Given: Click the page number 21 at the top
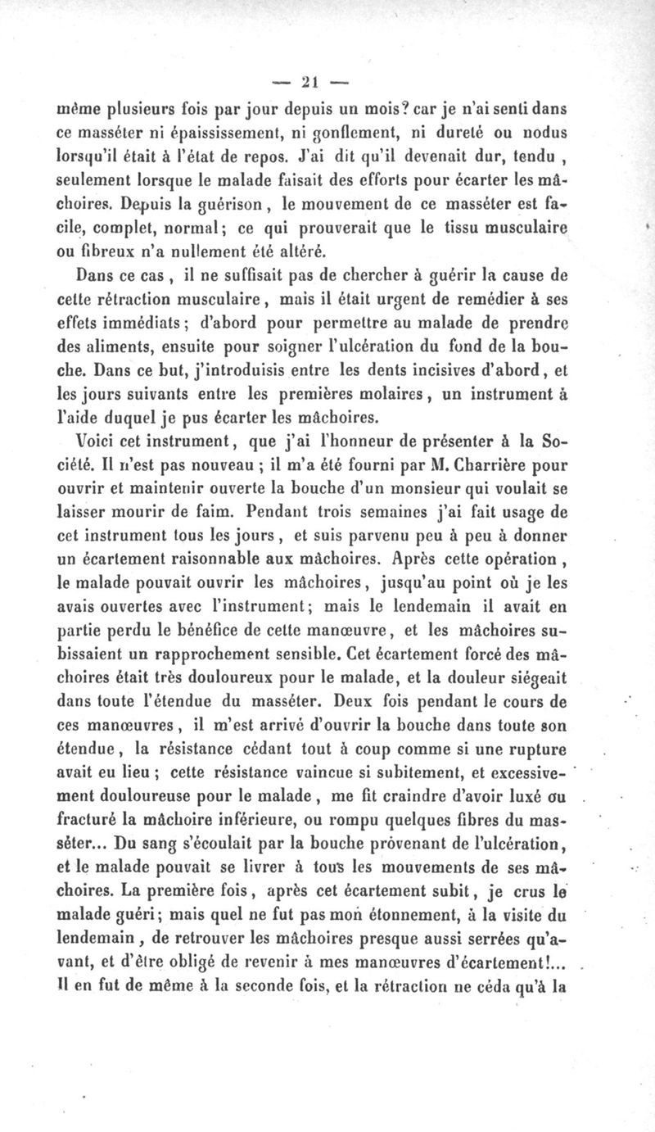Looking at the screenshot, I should click(x=309, y=81).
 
